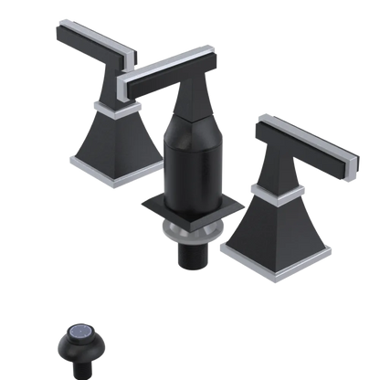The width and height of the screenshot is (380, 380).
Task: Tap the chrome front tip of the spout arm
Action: point(124,88)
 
